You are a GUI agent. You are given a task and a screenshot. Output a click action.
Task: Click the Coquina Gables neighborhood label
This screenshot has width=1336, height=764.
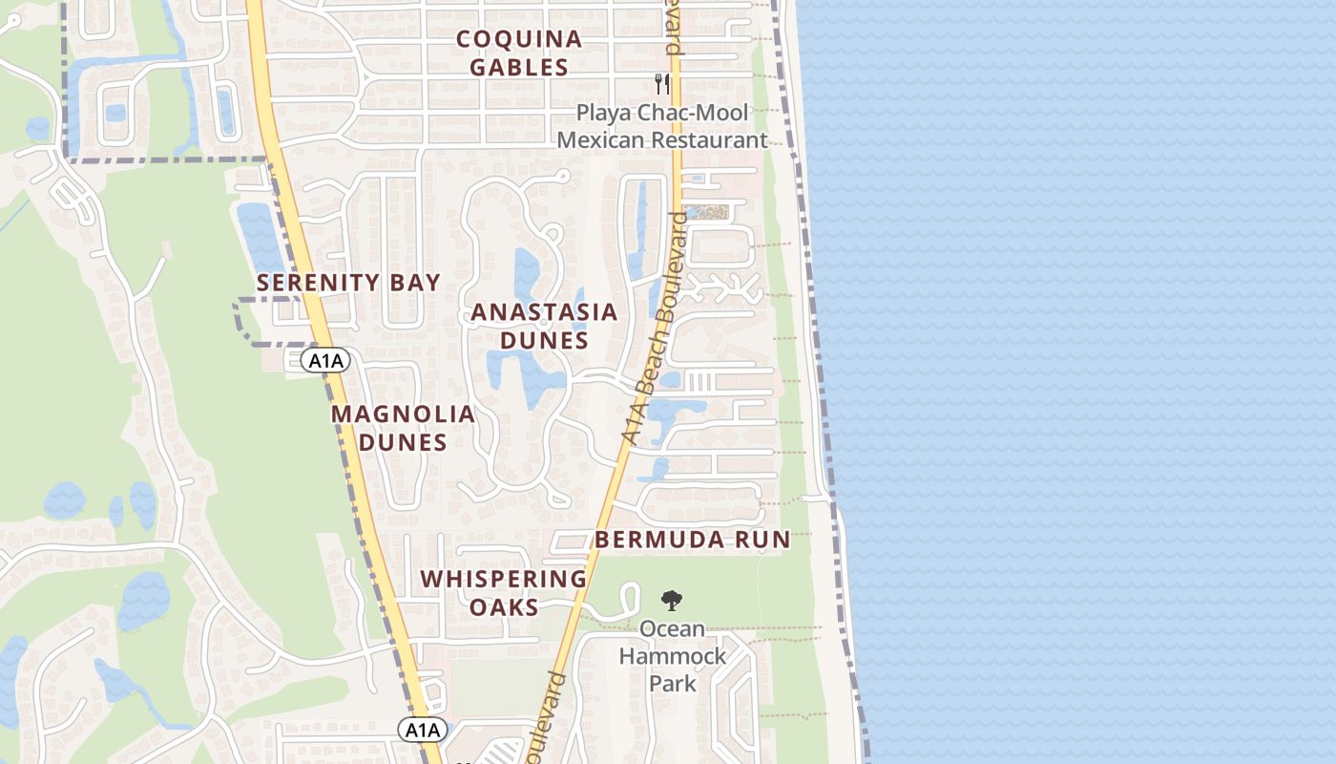pyautogui.click(x=518, y=53)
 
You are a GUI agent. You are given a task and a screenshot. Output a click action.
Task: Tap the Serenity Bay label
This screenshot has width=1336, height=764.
pyautogui.click(x=348, y=283)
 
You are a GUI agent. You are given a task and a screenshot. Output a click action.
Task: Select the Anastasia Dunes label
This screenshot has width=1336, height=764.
pyautogui.click(x=544, y=326)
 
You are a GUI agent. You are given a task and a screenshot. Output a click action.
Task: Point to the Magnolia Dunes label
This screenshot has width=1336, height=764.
pyautogui.click(x=403, y=428)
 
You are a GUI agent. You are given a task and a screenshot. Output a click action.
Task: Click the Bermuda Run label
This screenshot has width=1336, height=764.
pyautogui.click(x=693, y=540)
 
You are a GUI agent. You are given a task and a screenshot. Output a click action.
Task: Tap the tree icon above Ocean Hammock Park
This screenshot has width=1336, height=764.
pyautogui.click(x=672, y=601)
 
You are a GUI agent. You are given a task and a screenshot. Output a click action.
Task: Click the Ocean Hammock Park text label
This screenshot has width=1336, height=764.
pyautogui.click(x=673, y=656)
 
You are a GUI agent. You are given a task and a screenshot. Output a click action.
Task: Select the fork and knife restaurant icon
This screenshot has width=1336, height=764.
pyautogui.click(x=662, y=84)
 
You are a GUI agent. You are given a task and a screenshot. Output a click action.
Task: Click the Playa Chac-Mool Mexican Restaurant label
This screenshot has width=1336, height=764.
pyautogui.click(x=661, y=126)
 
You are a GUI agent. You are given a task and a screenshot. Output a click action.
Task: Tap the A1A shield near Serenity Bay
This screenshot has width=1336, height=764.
pyautogui.click(x=325, y=360)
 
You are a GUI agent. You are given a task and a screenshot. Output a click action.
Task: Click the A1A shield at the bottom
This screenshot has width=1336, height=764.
pyautogui.click(x=422, y=731)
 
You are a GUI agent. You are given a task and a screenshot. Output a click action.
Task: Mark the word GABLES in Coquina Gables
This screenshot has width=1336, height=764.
pyautogui.click(x=518, y=68)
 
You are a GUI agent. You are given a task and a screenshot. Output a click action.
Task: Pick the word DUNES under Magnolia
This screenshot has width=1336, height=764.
pyautogui.click(x=403, y=443)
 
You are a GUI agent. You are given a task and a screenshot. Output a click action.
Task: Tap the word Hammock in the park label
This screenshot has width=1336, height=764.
pyautogui.click(x=673, y=657)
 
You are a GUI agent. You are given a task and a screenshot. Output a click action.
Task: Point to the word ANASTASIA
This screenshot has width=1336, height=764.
pyautogui.click(x=544, y=312)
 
